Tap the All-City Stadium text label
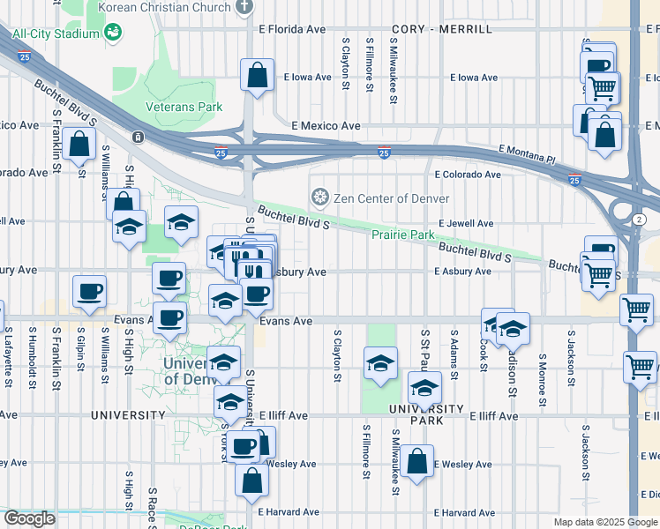[54, 34]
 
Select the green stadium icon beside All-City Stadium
[112, 33]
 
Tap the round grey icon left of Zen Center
[319, 196]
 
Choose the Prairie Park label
[401, 235]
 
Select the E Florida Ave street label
[292, 29]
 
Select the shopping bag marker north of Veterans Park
[257, 75]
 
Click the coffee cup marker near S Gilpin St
[89, 291]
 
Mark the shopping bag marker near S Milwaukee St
[416, 460]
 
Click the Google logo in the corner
[29, 518]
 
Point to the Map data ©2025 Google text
[604, 522]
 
